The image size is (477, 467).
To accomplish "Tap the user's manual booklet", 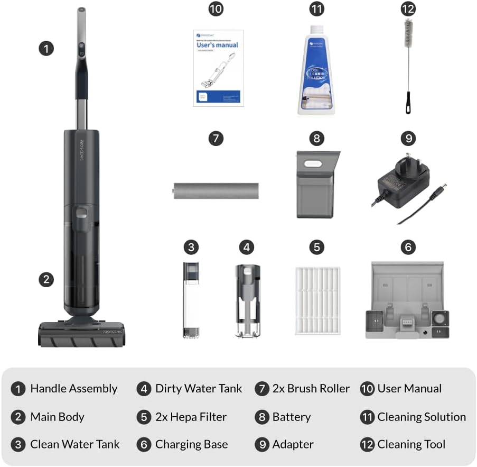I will (218, 68).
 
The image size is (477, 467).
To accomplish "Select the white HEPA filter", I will (316, 300).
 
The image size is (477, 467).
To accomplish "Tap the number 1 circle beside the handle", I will (46, 49).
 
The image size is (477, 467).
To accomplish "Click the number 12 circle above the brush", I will (408, 10).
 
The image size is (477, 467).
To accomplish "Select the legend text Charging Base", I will (191, 444).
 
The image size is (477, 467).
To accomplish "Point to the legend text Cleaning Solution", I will (422, 417).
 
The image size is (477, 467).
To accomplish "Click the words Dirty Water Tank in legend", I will (199, 389).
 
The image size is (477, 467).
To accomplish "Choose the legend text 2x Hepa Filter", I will (191, 417).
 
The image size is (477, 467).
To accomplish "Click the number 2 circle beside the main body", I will (46, 279).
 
